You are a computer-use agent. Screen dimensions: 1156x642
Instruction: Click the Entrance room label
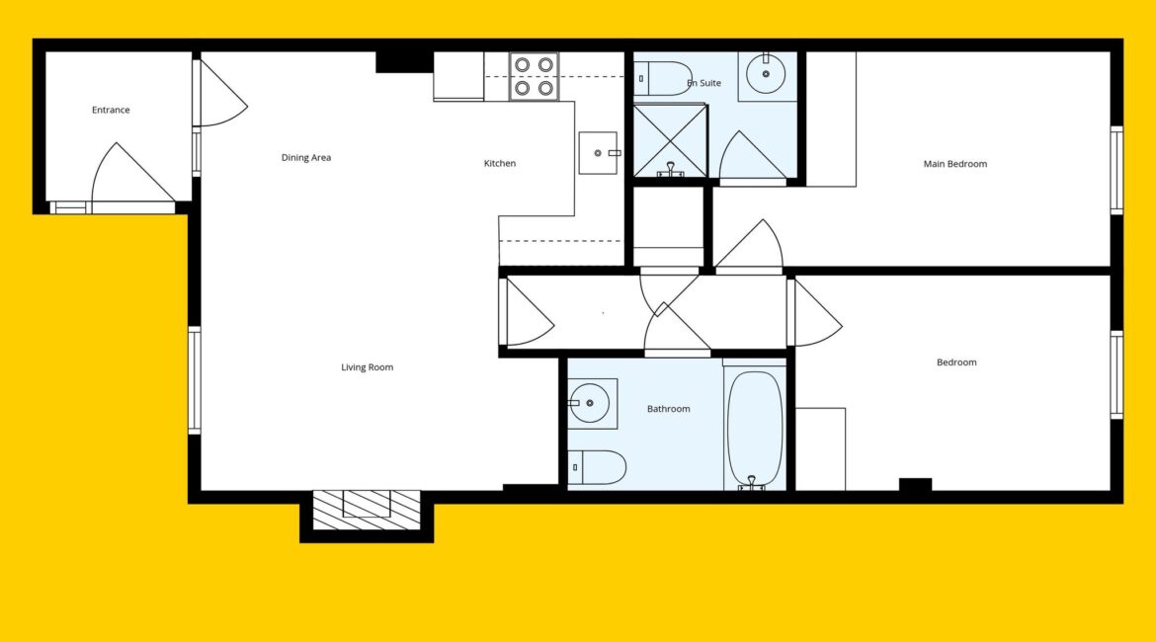click(x=111, y=110)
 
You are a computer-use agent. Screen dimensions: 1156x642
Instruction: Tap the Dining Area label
click(x=306, y=158)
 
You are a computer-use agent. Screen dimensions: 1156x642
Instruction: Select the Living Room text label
click(x=368, y=367)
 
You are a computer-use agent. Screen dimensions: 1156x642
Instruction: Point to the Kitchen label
click(x=500, y=164)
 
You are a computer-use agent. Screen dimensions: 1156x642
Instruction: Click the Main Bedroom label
click(x=955, y=164)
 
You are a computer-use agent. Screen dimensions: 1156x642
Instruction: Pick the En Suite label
click(x=704, y=83)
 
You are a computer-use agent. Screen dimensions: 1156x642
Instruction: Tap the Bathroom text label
click(x=669, y=409)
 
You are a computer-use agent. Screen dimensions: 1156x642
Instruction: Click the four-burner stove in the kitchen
click(x=534, y=77)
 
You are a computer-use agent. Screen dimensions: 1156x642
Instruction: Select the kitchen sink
click(x=598, y=153)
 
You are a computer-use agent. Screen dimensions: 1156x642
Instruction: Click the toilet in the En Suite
click(x=663, y=79)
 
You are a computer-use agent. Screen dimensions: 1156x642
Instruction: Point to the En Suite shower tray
click(x=670, y=141)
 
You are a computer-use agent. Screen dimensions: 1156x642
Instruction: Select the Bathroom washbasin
click(x=592, y=403)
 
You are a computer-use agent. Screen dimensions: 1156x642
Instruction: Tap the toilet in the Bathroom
click(x=597, y=467)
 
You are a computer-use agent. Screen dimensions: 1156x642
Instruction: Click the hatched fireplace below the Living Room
click(x=367, y=510)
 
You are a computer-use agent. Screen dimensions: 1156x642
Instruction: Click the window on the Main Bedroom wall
click(x=1116, y=170)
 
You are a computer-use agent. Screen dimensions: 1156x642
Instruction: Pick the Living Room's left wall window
click(x=195, y=380)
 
